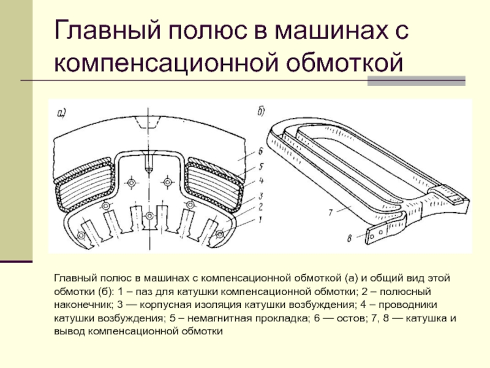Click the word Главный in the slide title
click(x=97, y=31)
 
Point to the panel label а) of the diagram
click(x=62, y=112)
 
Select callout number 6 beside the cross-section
click(x=260, y=151)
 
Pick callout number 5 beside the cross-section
click(x=260, y=167)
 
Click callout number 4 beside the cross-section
click(x=260, y=181)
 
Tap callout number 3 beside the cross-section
click(x=260, y=194)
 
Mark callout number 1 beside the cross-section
click(x=260, y=219)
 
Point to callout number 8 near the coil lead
click(x=349, y=239)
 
